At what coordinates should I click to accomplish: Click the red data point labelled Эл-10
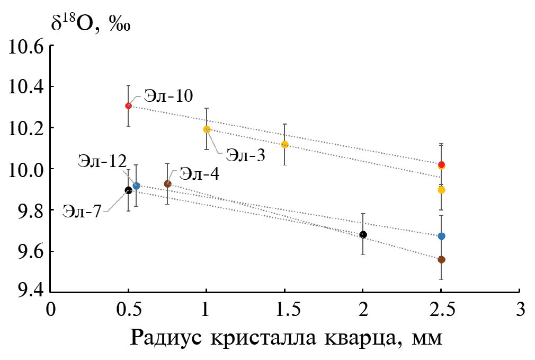(x=128, y=106)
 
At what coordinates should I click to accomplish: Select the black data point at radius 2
(x=363, y=234)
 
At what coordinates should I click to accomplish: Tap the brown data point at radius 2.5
(x=441, y=259)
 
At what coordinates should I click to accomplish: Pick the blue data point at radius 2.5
(x=441, y=236)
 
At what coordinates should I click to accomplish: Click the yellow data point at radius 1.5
(x=284, y=144)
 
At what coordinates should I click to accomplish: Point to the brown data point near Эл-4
(x=167, y=183)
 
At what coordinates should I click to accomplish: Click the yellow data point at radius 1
(x=207, y=129)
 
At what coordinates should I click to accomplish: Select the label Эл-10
(x=168, y=96)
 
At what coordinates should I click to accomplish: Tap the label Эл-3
(x=245, y=155)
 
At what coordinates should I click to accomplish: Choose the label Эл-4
(x=199, y=173)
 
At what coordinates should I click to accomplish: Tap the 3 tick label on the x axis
(x=519, y=308)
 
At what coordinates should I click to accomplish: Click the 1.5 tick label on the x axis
(x=284, y=308)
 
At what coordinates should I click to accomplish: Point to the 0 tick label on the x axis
(x=51, y=308)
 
